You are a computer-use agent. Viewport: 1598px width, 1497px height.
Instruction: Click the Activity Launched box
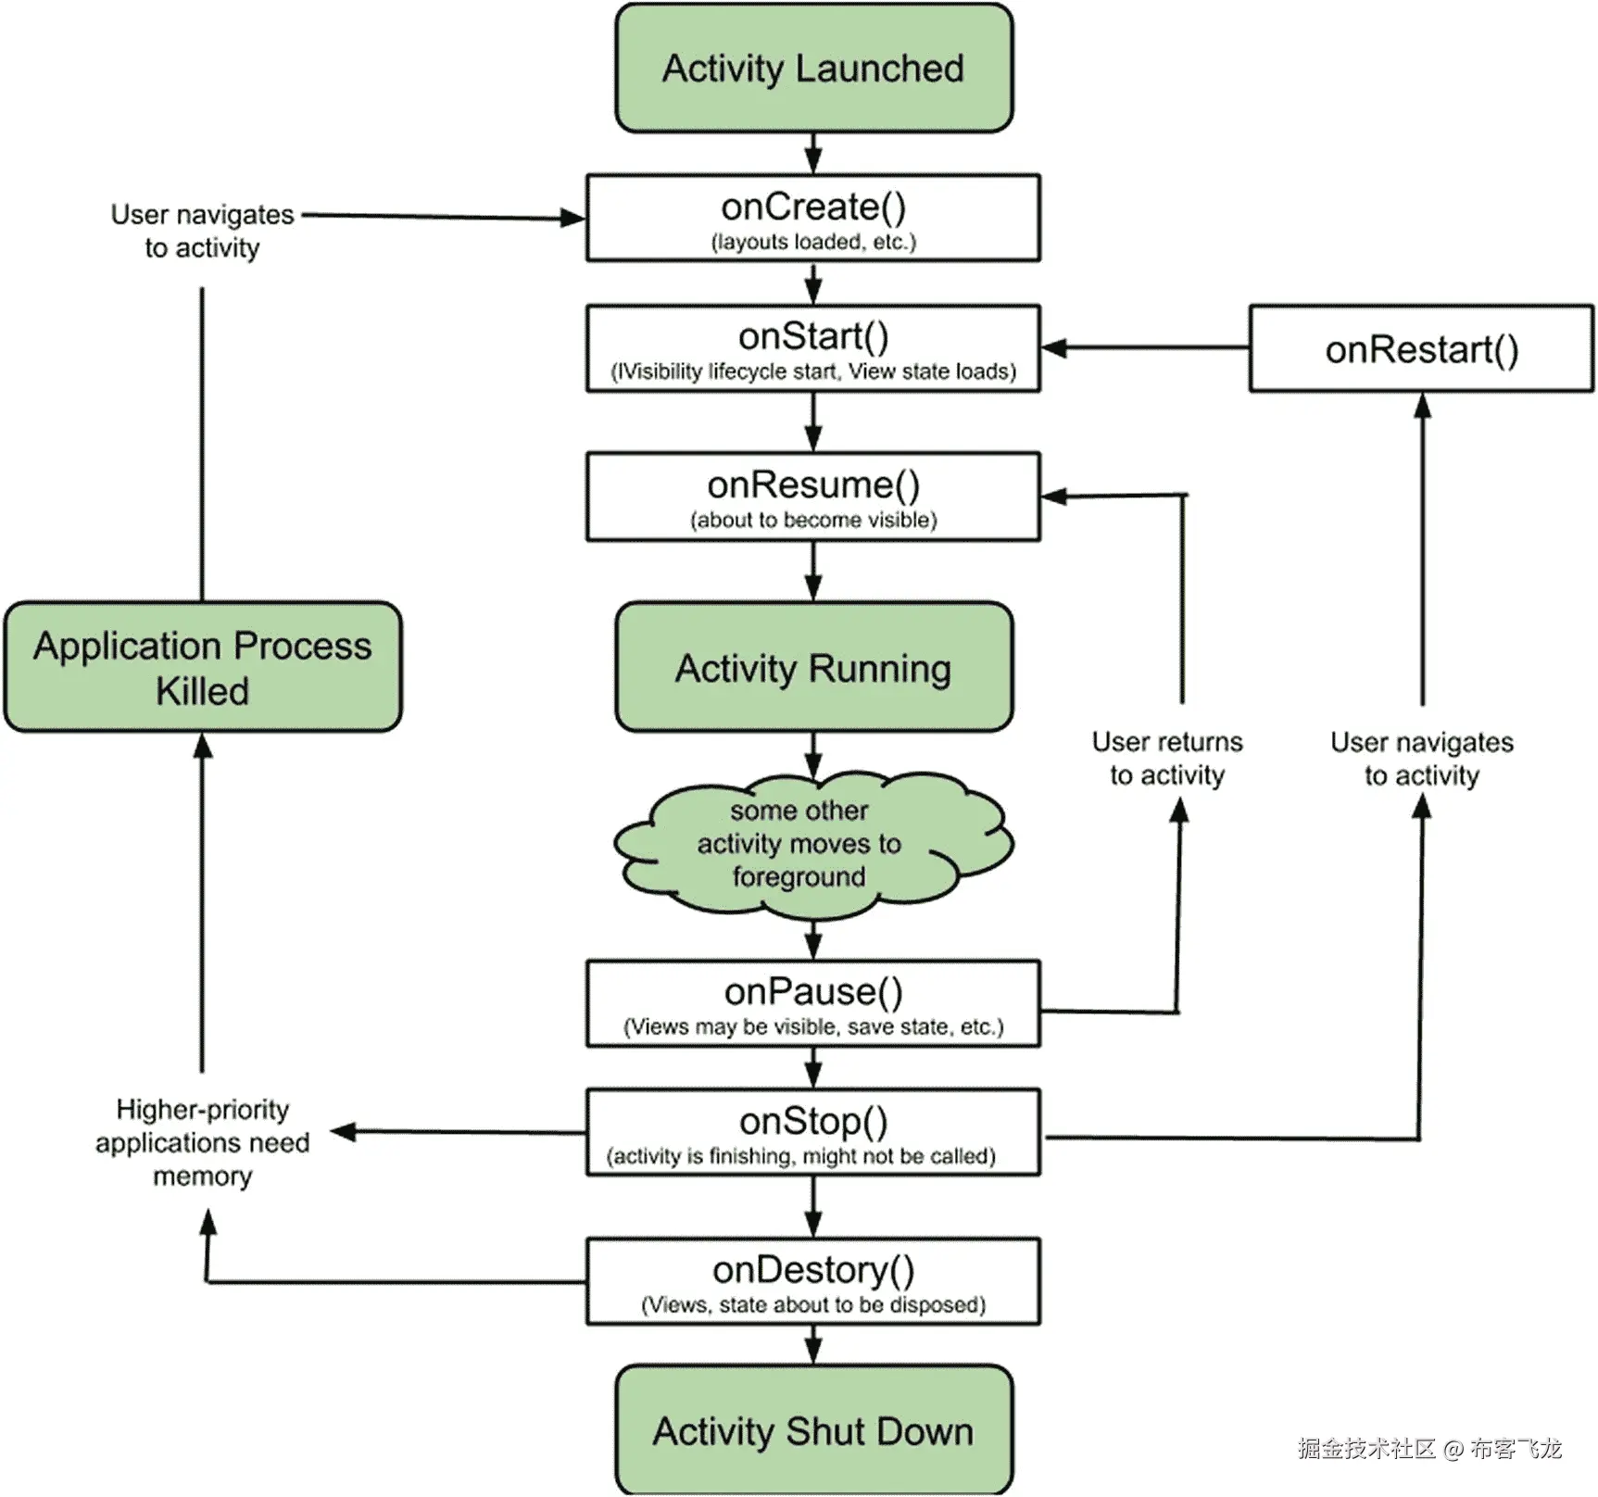[813, 69]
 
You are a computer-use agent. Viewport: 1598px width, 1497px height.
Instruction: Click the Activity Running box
[813, 667]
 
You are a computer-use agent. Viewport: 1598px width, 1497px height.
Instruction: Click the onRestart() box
[1421, 349]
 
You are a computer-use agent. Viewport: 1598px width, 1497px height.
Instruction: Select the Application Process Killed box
[203, 667]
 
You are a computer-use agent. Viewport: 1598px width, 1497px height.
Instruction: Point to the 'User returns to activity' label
[1167, 759]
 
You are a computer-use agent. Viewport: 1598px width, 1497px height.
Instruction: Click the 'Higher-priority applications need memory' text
[203, 1142]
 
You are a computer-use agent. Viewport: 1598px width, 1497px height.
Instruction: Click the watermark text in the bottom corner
[1429, 1448]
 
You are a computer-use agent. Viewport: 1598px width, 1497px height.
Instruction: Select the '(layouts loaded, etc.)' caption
[813, 243]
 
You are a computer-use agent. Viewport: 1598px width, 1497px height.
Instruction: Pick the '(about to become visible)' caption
[813, 521]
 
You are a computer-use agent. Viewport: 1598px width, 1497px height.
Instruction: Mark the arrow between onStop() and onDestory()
[813, 1207]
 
